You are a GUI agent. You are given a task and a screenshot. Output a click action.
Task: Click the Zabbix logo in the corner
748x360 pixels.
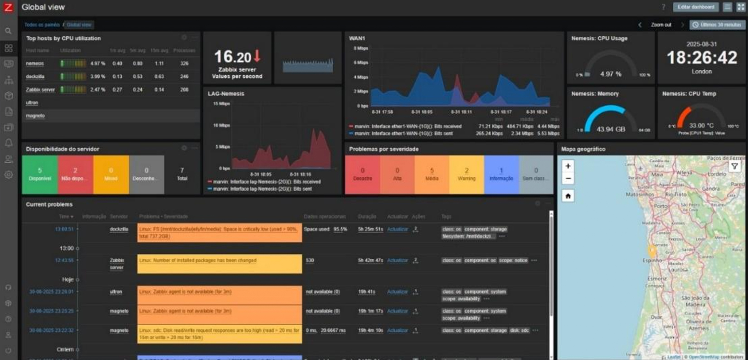click(x=8, y=7)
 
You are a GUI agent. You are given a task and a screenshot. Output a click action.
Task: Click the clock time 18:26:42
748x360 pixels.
click(x=702, y=58)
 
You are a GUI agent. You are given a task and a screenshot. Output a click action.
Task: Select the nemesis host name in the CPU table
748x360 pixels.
click(x=35, y=63)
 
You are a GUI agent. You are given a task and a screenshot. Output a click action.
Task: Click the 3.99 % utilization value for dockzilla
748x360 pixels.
click(x=97, y=77)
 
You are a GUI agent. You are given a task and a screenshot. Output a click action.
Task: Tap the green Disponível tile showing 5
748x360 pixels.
click(x=40, y=175)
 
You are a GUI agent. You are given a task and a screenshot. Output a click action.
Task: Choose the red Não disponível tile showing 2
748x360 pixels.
click(x=75, y=175)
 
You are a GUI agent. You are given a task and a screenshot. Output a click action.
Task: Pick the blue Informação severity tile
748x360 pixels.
click(x=501, y=175)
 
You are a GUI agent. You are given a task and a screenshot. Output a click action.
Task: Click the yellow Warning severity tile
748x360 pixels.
click(x=466, y=175)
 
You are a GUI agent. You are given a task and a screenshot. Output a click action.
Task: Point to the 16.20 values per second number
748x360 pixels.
click(x=233, y=57)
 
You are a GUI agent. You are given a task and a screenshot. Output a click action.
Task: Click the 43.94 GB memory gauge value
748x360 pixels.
click(x=611, y=129)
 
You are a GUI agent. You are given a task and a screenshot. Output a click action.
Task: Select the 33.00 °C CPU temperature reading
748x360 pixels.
click(x=701, y=126)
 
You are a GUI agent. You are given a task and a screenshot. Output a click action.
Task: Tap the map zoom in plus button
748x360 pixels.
click(x=568, y=166)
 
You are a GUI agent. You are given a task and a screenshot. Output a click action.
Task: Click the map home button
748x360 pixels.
click(x=568, y=196)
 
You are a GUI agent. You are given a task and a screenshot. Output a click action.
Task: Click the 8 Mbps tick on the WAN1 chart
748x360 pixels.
click(x=361, y=48)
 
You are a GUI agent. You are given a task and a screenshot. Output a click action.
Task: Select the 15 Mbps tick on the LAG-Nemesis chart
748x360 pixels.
click(x=221, y=104)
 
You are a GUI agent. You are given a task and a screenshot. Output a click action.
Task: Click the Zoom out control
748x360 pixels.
click(x=661, y=25)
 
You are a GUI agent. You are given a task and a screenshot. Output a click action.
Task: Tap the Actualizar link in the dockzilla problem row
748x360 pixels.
click(x=398, y=229)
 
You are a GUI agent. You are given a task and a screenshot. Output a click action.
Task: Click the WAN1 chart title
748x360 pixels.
click(x=357, y=39)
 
